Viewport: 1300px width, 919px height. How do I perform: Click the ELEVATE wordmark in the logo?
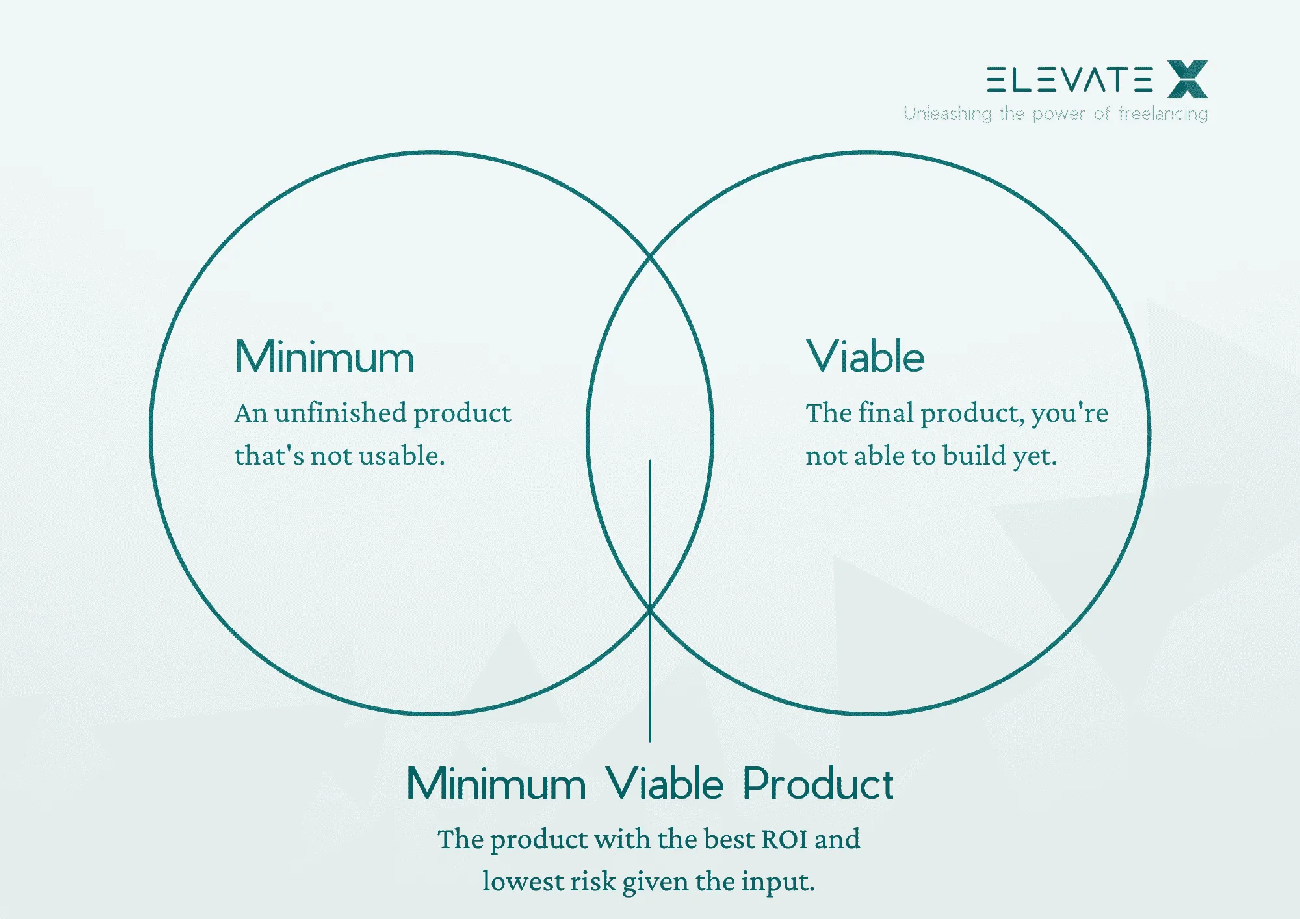tap(1069, 79)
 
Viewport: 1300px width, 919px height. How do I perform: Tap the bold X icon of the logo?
tap(1188, 79)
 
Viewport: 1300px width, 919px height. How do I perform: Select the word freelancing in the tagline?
tap(1163, 114)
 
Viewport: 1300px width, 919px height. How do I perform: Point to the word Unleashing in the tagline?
tap(947, 114)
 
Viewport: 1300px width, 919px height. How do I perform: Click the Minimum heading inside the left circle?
tap(324, 357)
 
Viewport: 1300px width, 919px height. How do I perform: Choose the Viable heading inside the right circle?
tap(865, 357)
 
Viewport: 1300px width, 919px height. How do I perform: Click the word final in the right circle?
tap(886, 413)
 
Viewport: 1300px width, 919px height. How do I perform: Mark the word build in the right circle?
tap(974, 456)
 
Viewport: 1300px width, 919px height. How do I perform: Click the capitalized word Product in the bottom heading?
tap(818, 784)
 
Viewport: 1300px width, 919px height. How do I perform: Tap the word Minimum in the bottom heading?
tap(496, 784)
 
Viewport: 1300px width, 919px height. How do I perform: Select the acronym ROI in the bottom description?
tap(785, 839)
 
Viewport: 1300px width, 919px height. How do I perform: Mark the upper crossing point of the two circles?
tap(650, 257)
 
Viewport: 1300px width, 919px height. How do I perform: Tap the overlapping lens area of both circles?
tap(650, 390)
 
